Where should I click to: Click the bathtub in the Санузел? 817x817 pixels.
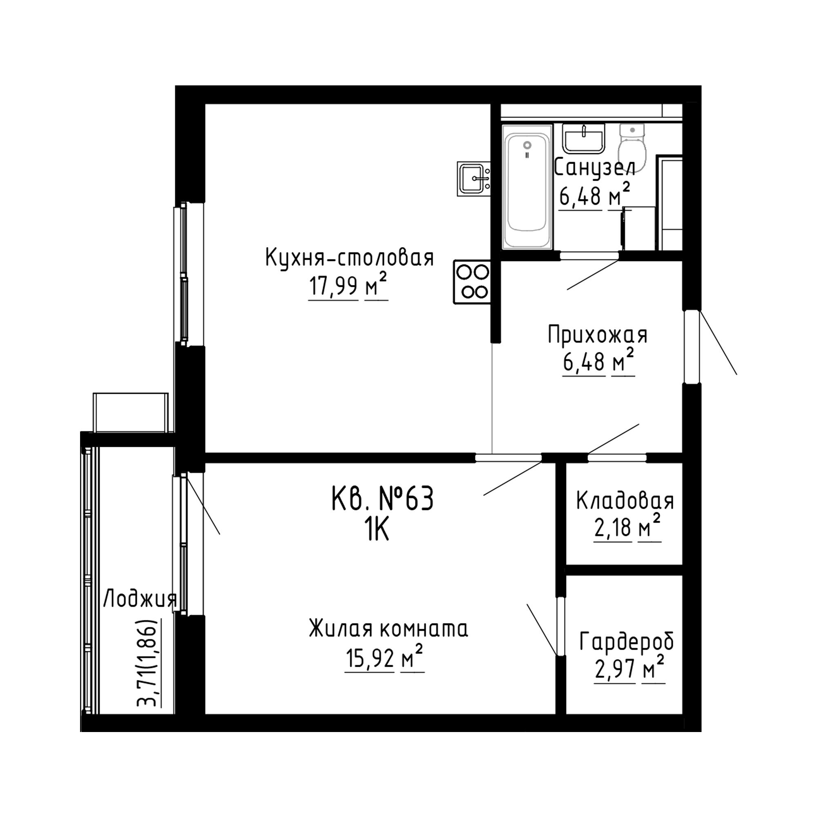tap(527, 187)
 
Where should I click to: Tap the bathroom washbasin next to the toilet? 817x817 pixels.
tap(584, 138)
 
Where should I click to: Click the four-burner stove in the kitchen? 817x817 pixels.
tap(472, 282)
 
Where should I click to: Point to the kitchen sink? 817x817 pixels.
tap(473, 179)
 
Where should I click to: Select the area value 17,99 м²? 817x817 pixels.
tap(348, 286)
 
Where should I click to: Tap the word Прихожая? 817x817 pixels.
tap(598, 335)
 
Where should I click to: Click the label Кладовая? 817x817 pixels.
tap(625, 501)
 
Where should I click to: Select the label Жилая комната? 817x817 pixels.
tap(388, 629)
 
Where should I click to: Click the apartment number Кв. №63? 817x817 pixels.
tap(382, 498)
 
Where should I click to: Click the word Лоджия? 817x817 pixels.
tap(140, 600)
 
